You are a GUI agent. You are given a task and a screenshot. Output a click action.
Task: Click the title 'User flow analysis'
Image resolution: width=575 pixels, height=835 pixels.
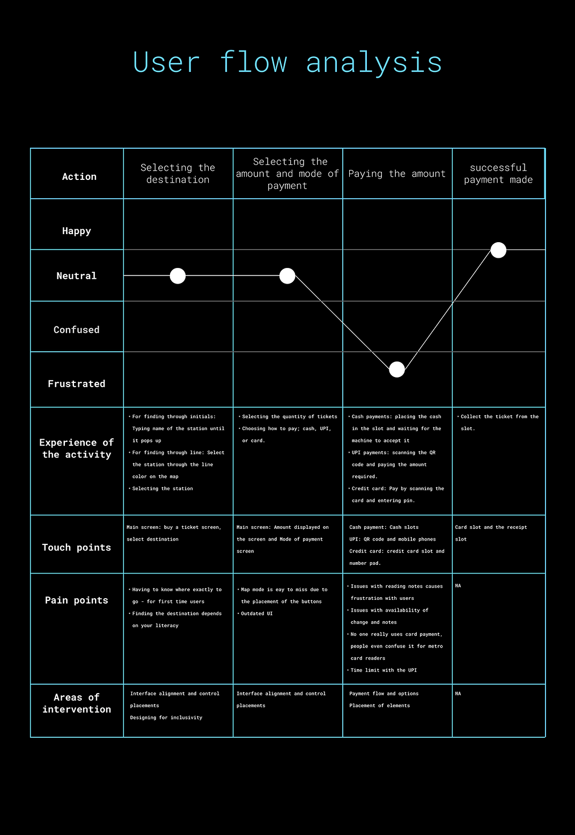287,62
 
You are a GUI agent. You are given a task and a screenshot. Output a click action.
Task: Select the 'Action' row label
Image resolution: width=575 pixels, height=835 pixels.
79,177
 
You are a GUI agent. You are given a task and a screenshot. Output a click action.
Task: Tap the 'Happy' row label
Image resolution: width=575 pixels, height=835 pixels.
77,231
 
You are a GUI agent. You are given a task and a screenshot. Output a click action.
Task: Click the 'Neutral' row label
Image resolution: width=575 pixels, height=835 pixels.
77,276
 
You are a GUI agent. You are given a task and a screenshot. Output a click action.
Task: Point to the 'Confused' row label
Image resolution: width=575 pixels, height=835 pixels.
77,330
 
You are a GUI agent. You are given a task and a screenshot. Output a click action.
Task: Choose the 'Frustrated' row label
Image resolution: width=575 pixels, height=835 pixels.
77,384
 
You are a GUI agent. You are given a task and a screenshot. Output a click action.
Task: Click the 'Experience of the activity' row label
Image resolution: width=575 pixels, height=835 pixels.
77,448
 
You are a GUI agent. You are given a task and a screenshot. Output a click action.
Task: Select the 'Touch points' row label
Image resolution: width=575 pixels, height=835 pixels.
77,547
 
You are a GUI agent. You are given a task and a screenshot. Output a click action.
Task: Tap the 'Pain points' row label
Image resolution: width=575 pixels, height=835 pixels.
77,600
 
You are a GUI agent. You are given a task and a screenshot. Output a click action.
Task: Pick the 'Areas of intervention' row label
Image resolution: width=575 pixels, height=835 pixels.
77,703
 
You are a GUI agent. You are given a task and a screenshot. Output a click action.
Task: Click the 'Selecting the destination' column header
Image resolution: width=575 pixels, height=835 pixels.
178,173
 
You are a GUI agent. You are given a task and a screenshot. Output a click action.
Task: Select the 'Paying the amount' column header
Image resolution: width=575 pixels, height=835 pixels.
397,173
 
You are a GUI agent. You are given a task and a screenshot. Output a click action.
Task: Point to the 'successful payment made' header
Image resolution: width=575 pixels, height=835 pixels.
498,173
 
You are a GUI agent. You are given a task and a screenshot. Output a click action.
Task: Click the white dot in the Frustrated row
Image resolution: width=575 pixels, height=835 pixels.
397,369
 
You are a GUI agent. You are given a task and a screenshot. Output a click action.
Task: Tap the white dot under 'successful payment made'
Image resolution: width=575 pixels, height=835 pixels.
498,250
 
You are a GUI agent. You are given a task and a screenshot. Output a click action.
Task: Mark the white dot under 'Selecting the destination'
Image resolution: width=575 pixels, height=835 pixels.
178,276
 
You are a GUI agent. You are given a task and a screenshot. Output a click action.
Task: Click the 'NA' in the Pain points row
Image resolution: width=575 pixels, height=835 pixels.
458,586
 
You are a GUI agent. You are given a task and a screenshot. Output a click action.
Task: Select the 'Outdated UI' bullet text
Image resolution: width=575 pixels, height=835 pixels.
257,614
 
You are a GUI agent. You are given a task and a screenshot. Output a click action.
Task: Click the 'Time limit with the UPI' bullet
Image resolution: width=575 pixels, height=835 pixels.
384,670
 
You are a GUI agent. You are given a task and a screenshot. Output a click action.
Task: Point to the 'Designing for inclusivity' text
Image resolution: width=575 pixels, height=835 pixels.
166,717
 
